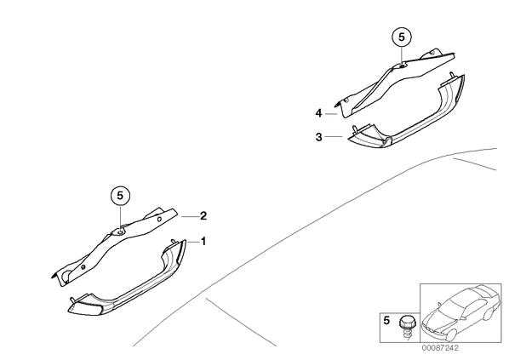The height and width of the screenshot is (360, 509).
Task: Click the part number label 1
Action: coord(203,242)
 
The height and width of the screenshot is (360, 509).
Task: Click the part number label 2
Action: coord(203,216)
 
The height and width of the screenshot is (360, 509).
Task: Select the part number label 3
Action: coord(319,137)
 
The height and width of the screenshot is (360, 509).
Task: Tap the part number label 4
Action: coord(319,113)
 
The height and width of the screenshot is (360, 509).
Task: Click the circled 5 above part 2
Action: coord(120,196)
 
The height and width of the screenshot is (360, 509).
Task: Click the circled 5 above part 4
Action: coord(402,37)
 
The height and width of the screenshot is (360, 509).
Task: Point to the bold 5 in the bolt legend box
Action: coord(386,320)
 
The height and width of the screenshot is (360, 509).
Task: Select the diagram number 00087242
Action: coord(441,348)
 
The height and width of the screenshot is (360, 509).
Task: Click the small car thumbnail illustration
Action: coord(460,313)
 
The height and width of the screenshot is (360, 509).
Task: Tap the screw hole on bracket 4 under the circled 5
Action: coord(402,66)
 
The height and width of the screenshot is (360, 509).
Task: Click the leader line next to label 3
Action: coord(334,137)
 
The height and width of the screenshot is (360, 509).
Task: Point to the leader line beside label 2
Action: coord(189,216)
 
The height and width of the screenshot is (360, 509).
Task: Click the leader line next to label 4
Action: coord(331,114)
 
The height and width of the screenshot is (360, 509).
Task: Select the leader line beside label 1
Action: coord(193,242)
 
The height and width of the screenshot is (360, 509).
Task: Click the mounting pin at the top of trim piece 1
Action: coord(174,241)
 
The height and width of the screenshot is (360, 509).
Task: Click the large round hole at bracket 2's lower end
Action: coord(66,274)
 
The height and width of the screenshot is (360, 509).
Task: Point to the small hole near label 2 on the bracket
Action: coord(159,219)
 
